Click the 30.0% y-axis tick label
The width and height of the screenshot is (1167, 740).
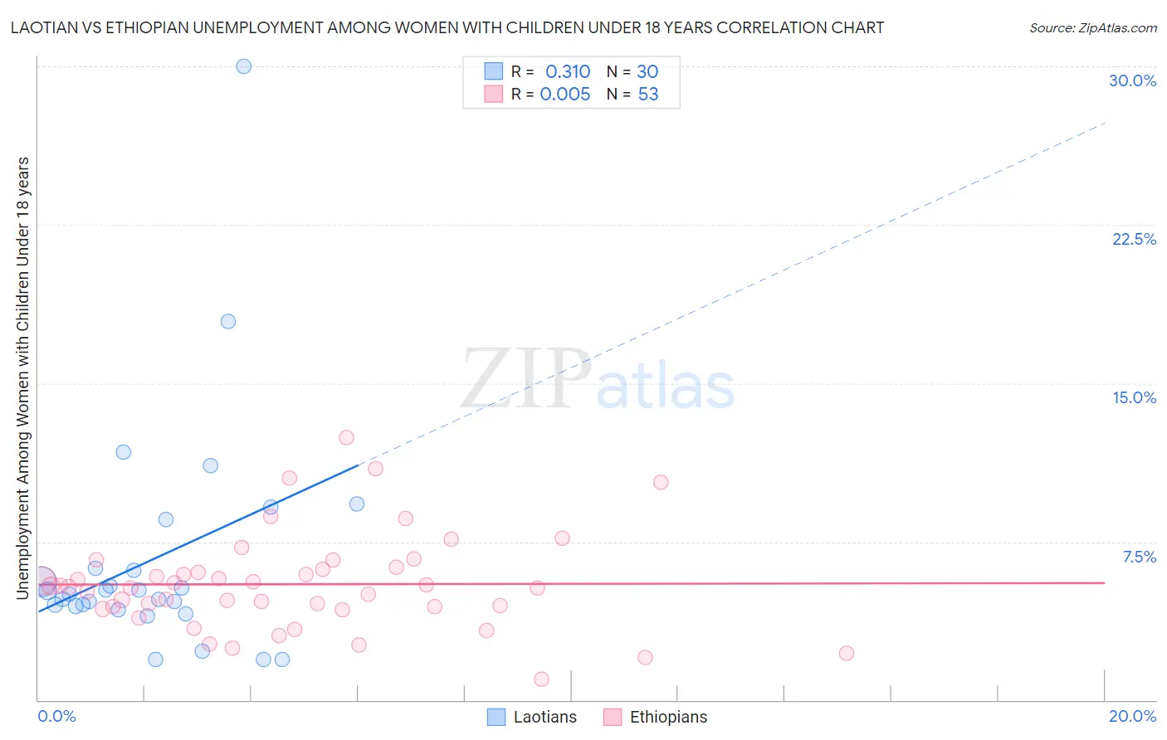pyautogui.click(x=1132, y=80)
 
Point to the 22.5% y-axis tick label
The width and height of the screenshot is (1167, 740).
pyautogui.click(x=1134, y=239)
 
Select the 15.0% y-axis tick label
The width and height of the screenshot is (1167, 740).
pyautogui.click(x=1134, y=397)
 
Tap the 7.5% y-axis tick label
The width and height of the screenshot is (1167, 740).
pyautogui.click(x=1139, y=557)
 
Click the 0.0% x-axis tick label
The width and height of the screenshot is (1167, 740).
pyautogui.click(x=56, y=716)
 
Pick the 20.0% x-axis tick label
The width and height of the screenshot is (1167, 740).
pyautogui.click(x=1132, y=716)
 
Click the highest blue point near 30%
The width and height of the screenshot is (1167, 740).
pyautogui.click(x=243, y=66)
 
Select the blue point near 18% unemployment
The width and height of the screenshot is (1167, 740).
pyautogui.click(x=228, y=321)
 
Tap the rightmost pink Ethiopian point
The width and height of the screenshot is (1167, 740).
pyautogui.click(x=846, y=653)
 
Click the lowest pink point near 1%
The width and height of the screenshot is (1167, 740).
pyautogui.click(x=541, y=679)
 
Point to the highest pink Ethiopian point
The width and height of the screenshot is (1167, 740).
pyautogui.click(x=346, y=437)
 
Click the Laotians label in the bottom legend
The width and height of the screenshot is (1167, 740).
pyautogui.click(x=544, y=717)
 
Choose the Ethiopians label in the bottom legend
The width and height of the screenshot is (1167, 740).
pyautogui.click(x=668, y=717)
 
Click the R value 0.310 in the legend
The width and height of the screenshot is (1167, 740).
pyautogui.click(x=568, y=71)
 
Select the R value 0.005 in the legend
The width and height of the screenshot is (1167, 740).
pyautogui.click(x=565, y=95)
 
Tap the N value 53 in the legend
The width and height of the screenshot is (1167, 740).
pyautogui.click(x=648, y=95)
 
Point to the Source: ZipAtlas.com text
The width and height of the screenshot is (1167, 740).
pyautogui.click(x=1092, y=27)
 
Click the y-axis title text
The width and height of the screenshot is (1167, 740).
pyautogui.click(x=22, y=377)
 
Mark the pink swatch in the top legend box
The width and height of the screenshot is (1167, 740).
pyautogui.click(x=494, y=94)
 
